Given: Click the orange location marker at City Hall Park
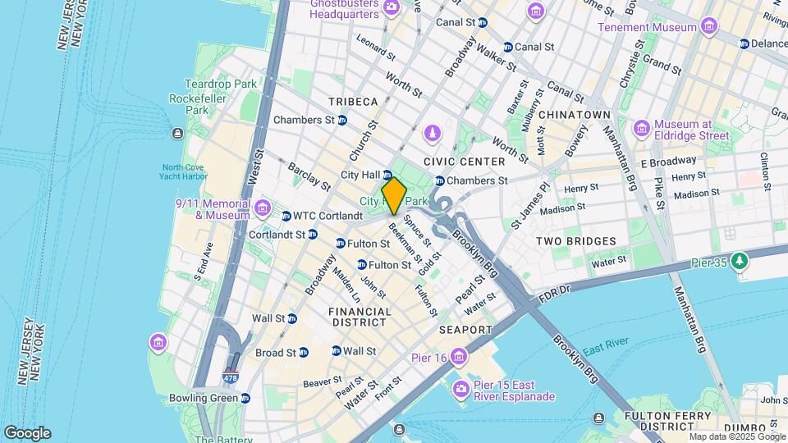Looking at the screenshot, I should [x=394, y=195].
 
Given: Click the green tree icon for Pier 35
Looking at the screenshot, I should [x=740, y=262].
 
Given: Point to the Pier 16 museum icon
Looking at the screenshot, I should [x=458, y=356].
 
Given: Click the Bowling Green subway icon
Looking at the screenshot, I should [x=245, y=398].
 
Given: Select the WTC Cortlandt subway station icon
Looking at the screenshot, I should [x=286, y=217].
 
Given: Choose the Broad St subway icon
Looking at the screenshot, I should [x=304, y=353].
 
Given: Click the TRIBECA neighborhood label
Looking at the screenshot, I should [x=353, y=102].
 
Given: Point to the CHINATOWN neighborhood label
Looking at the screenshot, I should [x=575, y=115].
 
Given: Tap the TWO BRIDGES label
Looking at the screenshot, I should [x=575, y=241].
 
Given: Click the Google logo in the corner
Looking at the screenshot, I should [x=27, y=433].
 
